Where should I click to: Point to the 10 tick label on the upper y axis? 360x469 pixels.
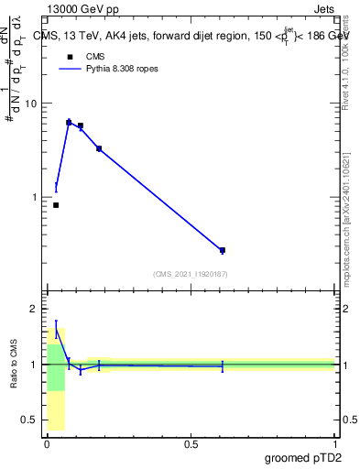click(x=29, y=104)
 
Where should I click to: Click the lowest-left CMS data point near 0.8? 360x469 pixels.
click(x=56, y=205)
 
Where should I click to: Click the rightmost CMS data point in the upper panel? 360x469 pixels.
click(x=223, y=250)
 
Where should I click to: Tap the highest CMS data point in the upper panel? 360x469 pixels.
click(x=69, y=122)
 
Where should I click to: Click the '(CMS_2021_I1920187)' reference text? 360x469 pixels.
click(x=190, y=274)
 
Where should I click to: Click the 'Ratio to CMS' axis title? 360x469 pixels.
click(x=16, y=365)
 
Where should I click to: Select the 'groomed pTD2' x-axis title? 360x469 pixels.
click(x=303, y=456)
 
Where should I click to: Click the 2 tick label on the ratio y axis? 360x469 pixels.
click(x=32, y=309)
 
